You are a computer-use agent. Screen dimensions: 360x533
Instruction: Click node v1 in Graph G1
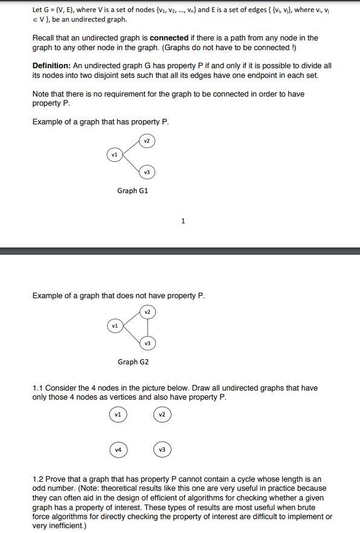[113, 155]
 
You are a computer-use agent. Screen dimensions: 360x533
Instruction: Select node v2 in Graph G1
[147, 141]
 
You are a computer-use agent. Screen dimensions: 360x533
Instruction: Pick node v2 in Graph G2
[147, 311]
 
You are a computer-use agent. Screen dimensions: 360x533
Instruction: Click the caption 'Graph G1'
[132, 191]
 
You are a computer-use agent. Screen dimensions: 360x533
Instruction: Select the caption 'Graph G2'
[133, 362]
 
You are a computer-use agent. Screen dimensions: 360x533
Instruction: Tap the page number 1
[183, 221]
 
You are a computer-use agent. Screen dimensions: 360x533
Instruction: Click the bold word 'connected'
[169, 37]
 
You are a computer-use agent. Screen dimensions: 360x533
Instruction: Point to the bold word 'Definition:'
[51, 66]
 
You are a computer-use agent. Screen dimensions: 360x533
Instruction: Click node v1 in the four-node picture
[118, 415]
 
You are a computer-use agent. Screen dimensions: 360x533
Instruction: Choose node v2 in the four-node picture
[161, 415]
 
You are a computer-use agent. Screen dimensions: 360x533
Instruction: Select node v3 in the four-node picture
[161, 450]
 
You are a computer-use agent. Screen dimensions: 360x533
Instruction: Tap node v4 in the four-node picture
[118, 450]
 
